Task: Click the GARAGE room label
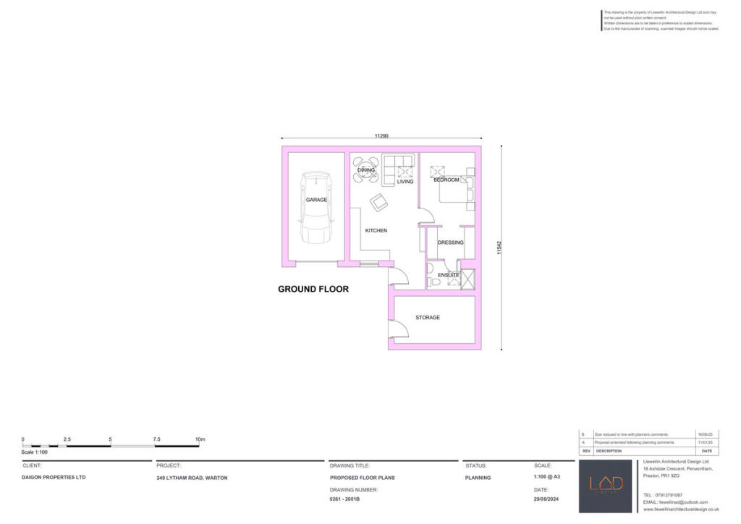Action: coord(316,200)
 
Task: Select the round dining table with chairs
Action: coord(366,170)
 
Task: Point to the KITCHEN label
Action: coord(376,231)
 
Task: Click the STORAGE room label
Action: coord(427,318)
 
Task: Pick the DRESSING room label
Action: coord(450,242)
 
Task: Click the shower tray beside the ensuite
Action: coord(467,279)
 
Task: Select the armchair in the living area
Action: coord(378,203)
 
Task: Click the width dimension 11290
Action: coord(382,136)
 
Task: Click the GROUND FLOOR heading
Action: coord(313,289)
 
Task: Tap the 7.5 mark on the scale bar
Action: coord(156,439)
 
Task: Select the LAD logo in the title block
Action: coord(606,485)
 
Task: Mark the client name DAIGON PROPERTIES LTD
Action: coord(54,478)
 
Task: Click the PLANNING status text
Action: coord(478,478)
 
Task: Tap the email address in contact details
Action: coord(674,502)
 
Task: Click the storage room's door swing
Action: coord(399,330)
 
